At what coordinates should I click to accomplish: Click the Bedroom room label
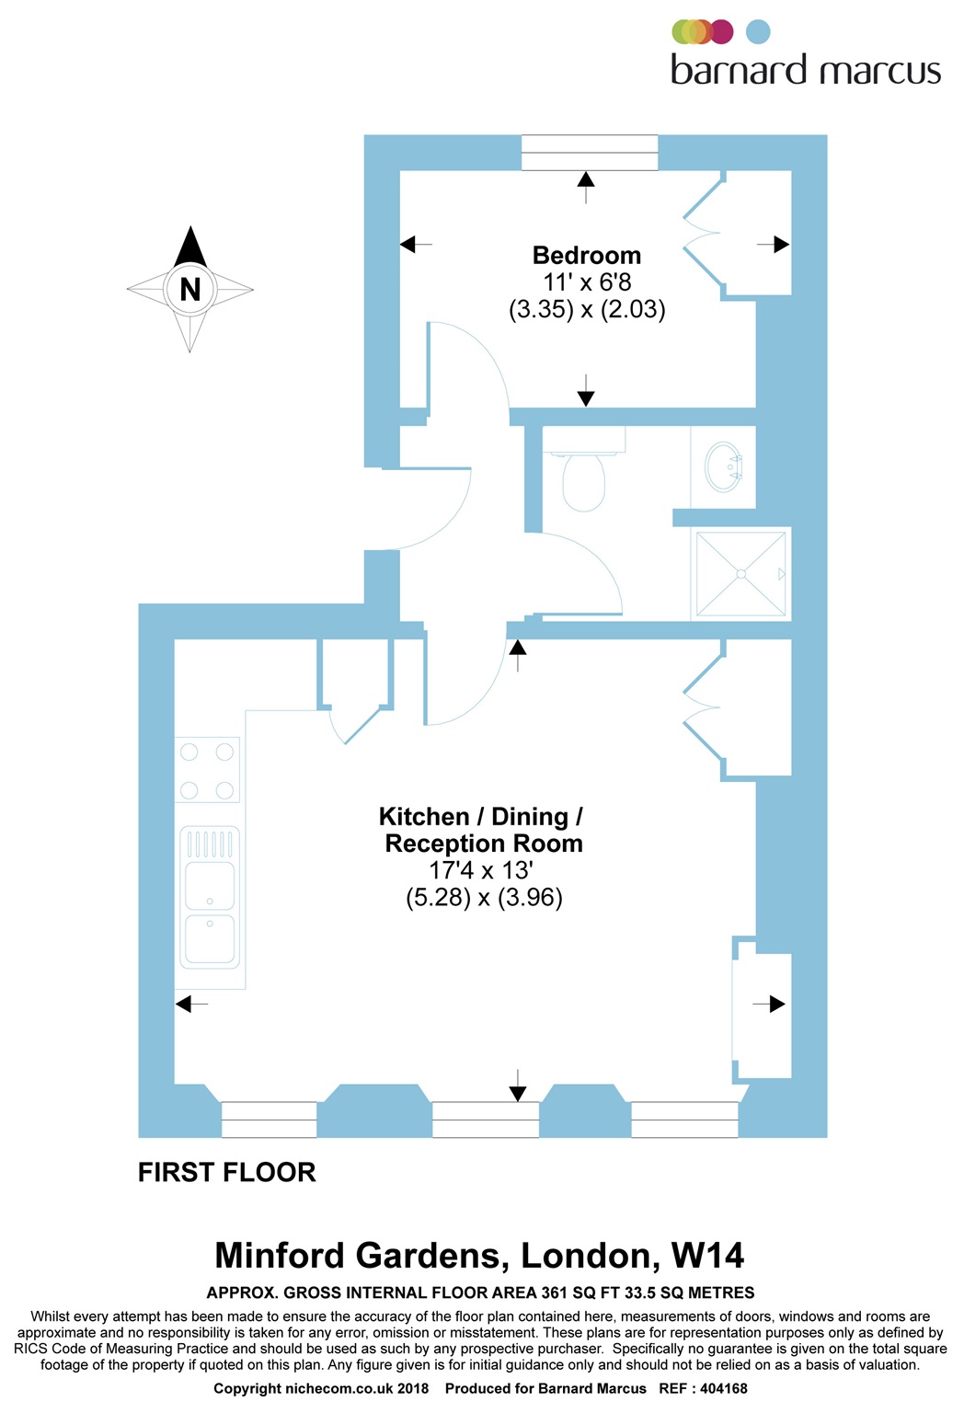pos(586,256)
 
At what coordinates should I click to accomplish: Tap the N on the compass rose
pos(190,290)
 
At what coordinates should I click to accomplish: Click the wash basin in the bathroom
pos(723,466)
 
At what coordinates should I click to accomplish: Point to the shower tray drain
pos(740,573)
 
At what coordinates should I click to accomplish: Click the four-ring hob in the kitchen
pos(207,770)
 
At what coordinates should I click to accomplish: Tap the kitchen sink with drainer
pos(211,897)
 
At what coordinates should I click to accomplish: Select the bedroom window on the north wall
pos(589,153)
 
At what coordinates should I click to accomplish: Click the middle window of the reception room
pos(485,1119)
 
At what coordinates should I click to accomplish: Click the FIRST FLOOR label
pos(226,1172)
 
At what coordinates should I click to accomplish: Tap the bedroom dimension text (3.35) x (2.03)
pos(587,309)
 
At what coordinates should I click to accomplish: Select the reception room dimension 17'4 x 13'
pos(481,870)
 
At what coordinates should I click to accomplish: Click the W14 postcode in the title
pos(707,1256)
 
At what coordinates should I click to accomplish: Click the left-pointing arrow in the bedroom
pos(415,245)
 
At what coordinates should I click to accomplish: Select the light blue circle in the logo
pos(758,32)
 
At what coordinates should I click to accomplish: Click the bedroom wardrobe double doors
pos(704,235)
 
